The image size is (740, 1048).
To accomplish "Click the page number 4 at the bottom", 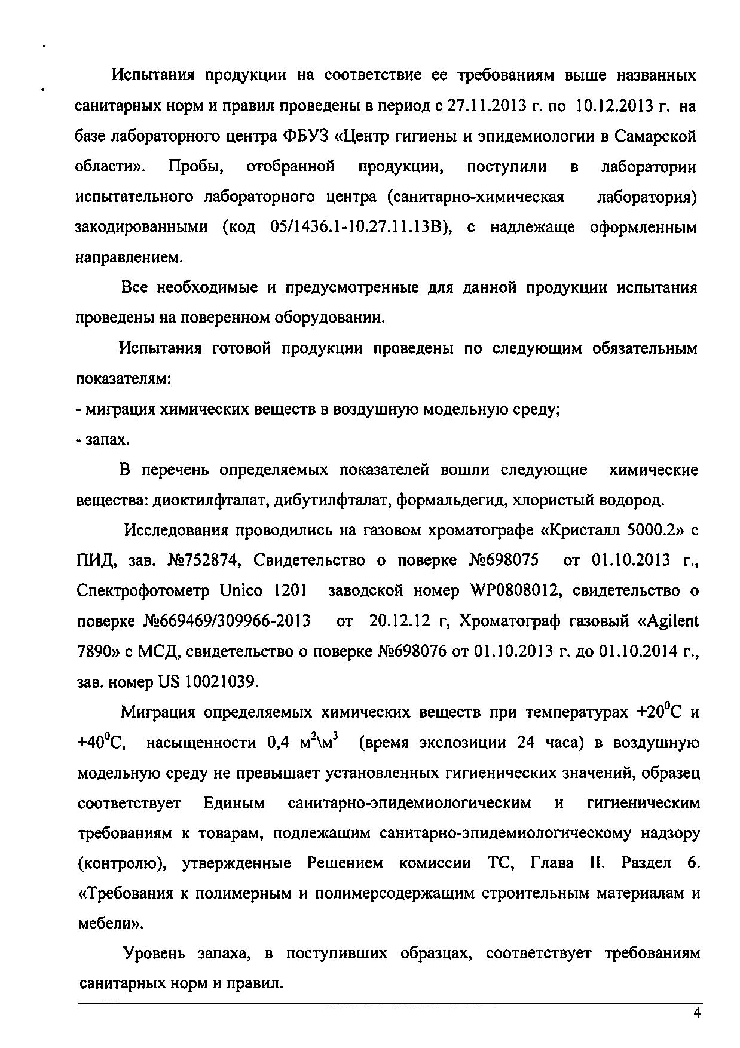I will (695, 1012).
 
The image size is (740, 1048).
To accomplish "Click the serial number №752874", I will (203, 561).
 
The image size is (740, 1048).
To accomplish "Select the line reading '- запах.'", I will (103, 440).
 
